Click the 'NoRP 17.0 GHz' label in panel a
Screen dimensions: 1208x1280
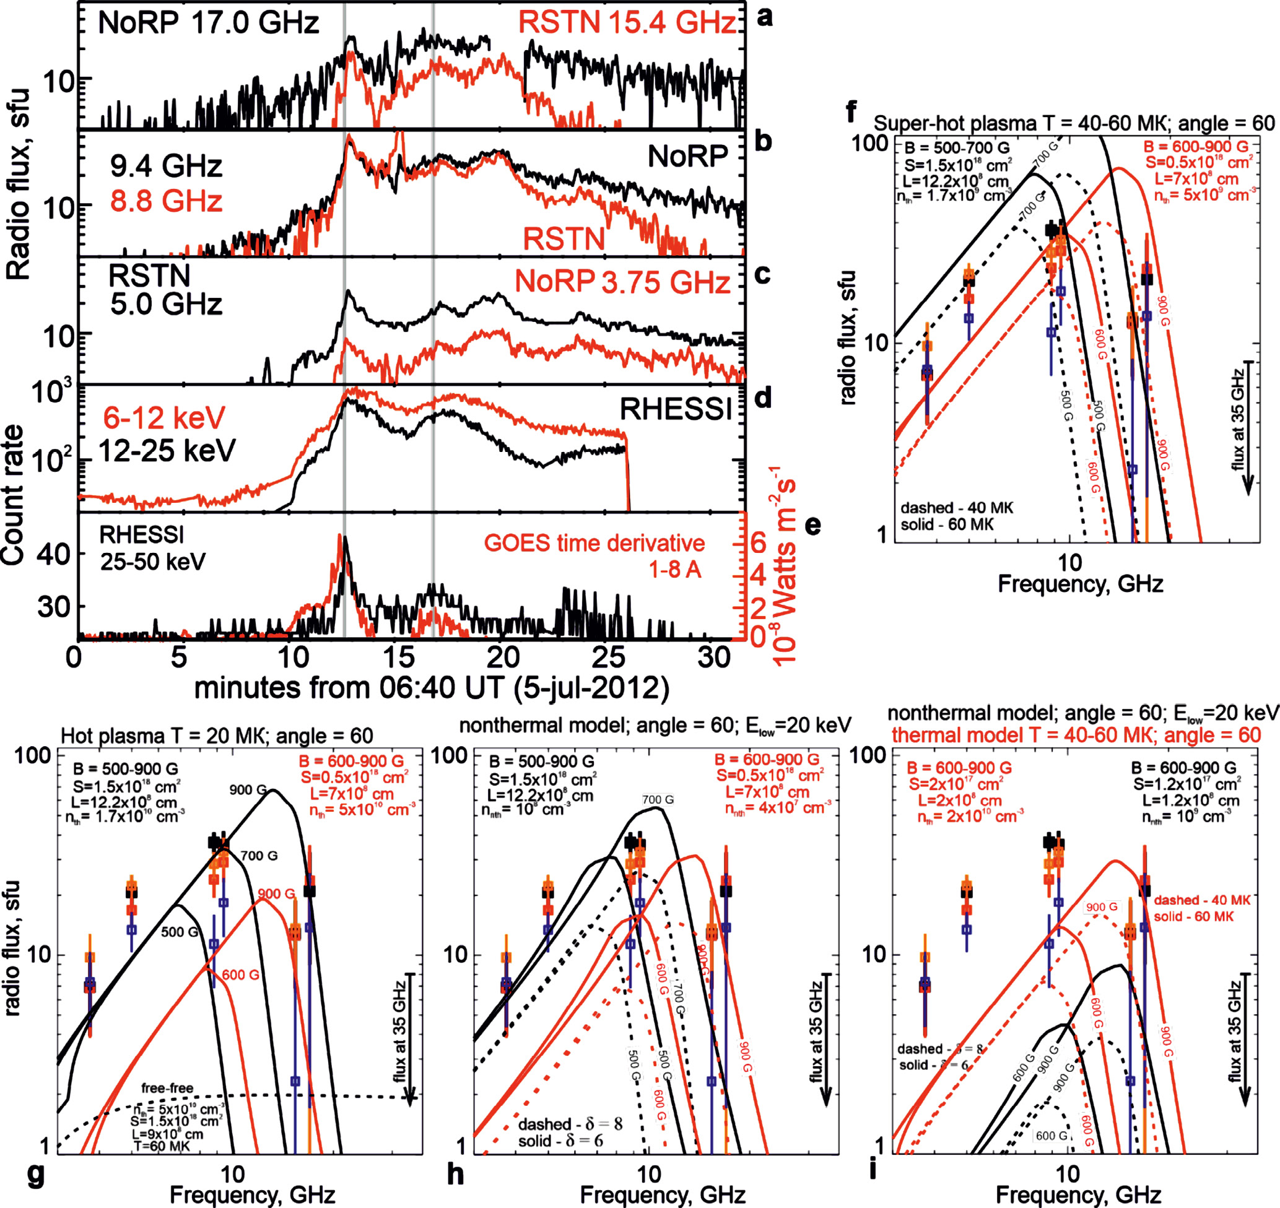point(208,23)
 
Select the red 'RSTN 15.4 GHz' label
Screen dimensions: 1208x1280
point(626,23)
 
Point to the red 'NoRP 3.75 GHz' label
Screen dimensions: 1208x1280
point(622,282)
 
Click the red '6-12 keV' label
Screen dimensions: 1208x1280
point(164,419)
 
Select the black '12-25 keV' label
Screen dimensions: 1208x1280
point(167,451)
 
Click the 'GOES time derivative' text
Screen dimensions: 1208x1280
point(594,543)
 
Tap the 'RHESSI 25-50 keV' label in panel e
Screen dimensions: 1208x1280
point(152,549)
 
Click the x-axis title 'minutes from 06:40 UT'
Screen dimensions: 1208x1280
point(432,688)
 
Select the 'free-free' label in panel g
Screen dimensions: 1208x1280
point(167,1088)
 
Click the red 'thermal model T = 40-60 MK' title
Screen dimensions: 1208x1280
point(1076,735)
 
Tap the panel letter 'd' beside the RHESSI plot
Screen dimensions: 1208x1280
point(762,399)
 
